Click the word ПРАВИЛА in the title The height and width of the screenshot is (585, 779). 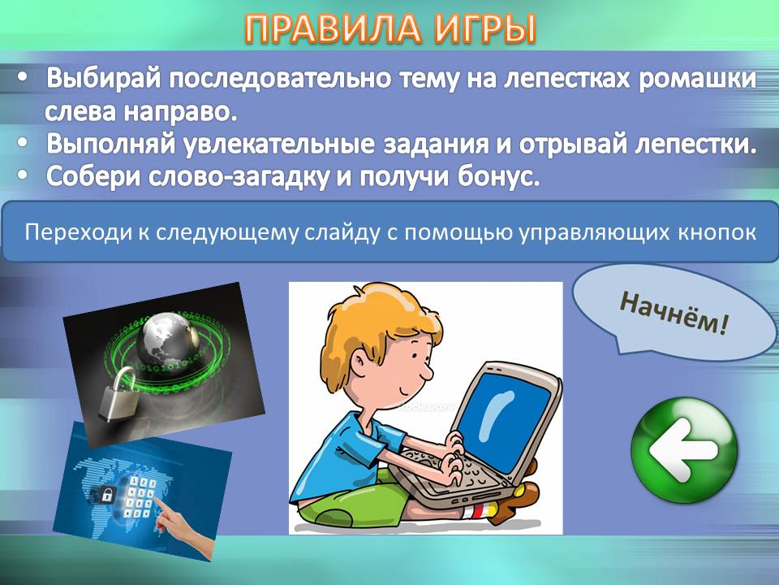coord(333,29)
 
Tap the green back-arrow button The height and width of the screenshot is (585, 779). coord(684,450)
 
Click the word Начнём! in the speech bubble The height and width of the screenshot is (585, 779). coord(674,312)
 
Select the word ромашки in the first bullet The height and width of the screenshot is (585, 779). coord(697,79)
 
